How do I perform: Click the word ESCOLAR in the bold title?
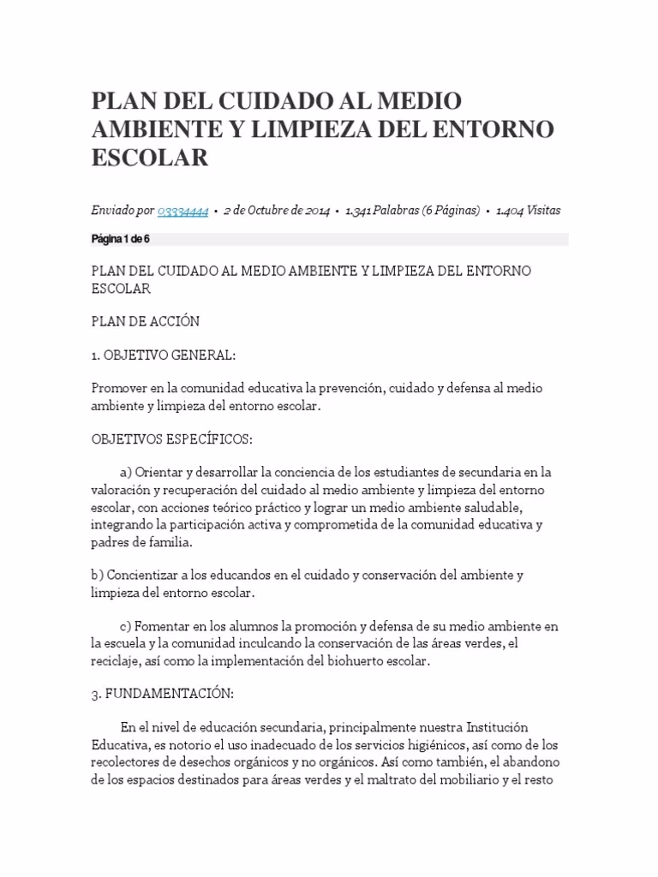pyautogui.click(x=150, y=158)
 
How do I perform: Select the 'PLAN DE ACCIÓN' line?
pyautogui.click(x=145, y=321)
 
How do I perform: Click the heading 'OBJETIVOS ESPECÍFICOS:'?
pyautogui.click(x=171, y=438)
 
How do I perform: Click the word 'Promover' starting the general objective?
pyautogui.click(x=117, y=388)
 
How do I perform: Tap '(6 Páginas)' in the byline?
pyautogui.click(x=451, y=211)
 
